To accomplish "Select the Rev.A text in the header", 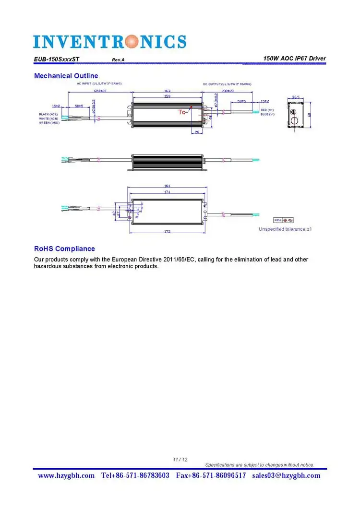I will coord(118,59).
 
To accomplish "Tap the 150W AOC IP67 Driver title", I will coord(294,59).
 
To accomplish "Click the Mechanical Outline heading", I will coord(66,76).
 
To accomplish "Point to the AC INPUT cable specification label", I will coord(99,83).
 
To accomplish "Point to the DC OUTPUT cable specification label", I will coord(227,84).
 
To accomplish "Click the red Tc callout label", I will coord(182,112).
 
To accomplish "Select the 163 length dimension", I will coord(167,91).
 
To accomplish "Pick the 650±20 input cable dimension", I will coord(100,91).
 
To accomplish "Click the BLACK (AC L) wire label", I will coord(48,114).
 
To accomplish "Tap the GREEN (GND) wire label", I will coord(49,123).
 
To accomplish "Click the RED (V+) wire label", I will coord(267,110).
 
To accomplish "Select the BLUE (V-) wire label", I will coord(267,114).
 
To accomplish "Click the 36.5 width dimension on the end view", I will coord(296,97).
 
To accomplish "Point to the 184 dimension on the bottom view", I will coord(167,186).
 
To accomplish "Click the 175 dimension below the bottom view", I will coord(167,232).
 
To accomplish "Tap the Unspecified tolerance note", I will coord(285,229).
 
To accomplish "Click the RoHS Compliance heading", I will coord(64,249).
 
